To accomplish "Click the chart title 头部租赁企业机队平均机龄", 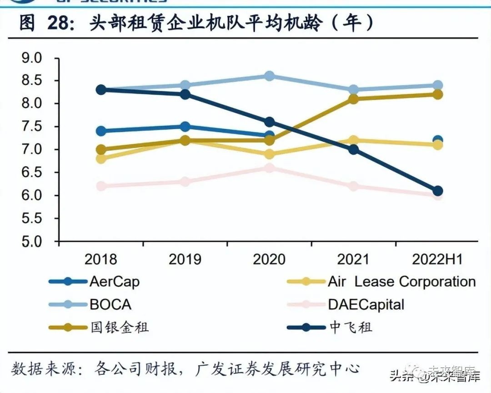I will coord(195,23).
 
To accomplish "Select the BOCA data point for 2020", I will coord(269,76).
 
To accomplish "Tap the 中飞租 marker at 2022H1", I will coord(437,191).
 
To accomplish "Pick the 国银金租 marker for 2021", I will coord(353,99).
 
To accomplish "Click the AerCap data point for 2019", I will coord(185,126).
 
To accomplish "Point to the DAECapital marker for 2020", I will coord(269,168).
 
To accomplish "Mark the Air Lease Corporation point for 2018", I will coord(101,159).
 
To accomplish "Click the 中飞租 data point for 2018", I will coord(101,90).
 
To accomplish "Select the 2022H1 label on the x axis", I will coord(437,259).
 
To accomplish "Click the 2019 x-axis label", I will coord(185,259).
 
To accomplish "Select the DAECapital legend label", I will coord(366,304).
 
